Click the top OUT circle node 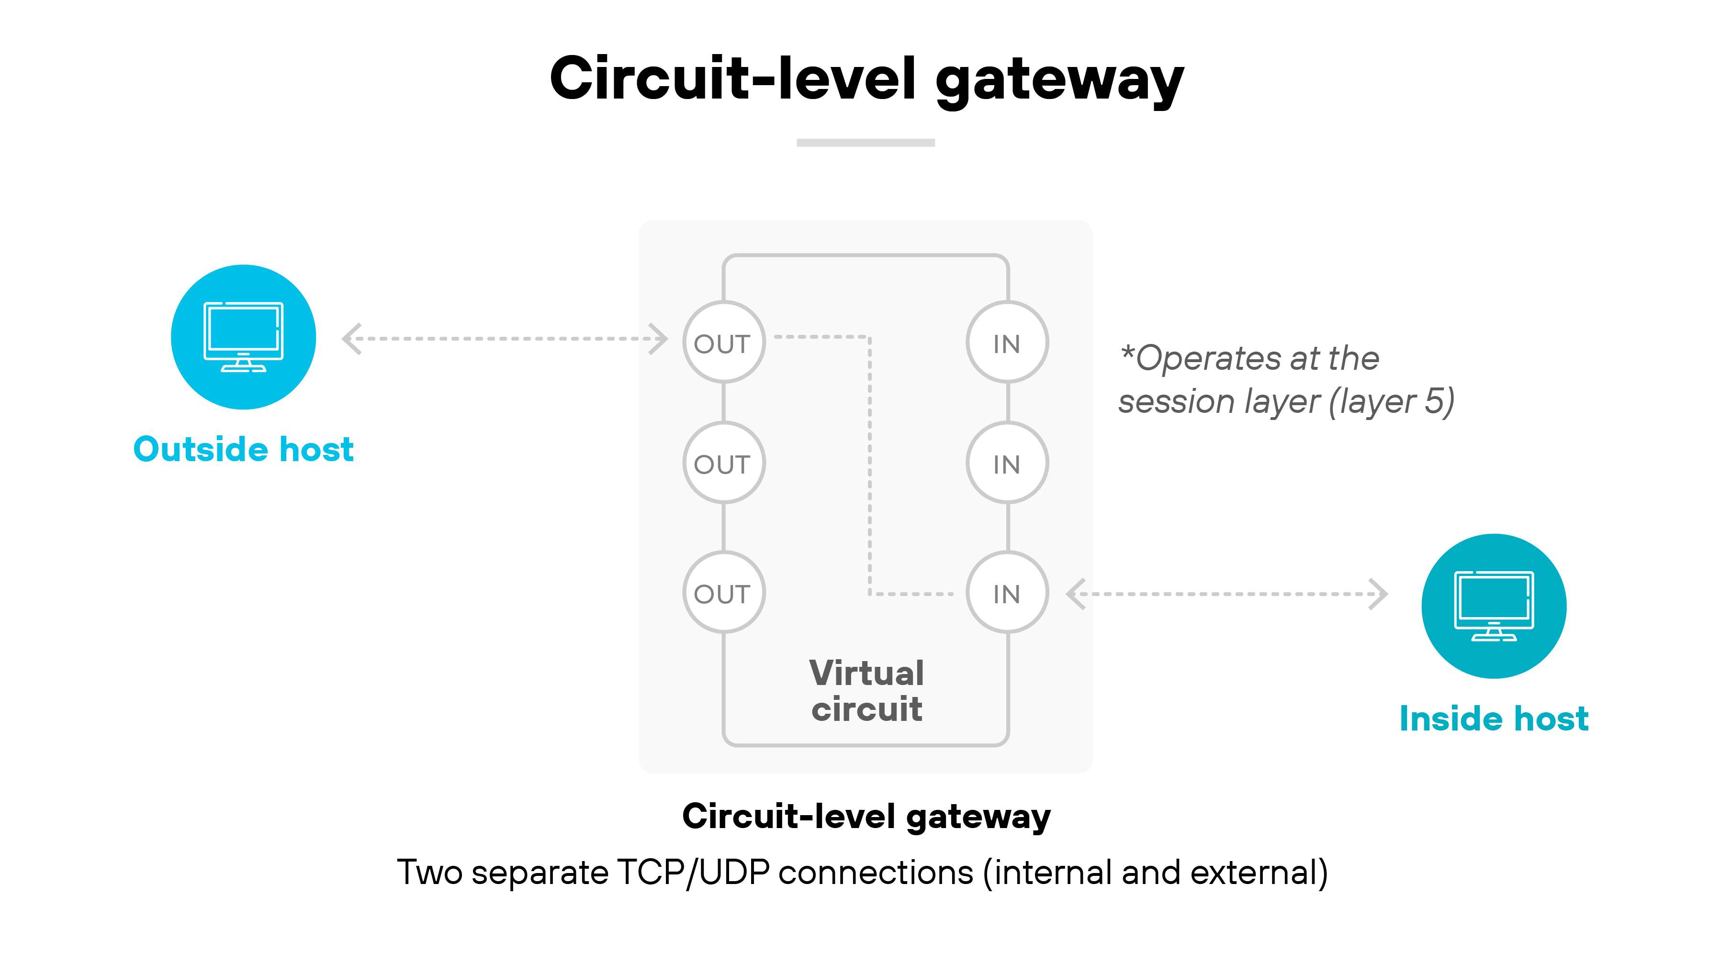(723, 342)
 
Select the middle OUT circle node (723, 463)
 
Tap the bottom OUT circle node (723, 592)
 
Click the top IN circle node (1007, 342)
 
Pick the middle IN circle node (1007, 463)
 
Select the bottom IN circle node (1007, 592)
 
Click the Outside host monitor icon (243, 337)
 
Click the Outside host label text (243, 449)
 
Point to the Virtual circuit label (866, 691)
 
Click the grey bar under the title (866, 143)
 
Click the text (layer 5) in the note (1391, 402)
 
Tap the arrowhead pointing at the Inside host (1378, 594)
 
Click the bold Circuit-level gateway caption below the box (866, 817)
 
